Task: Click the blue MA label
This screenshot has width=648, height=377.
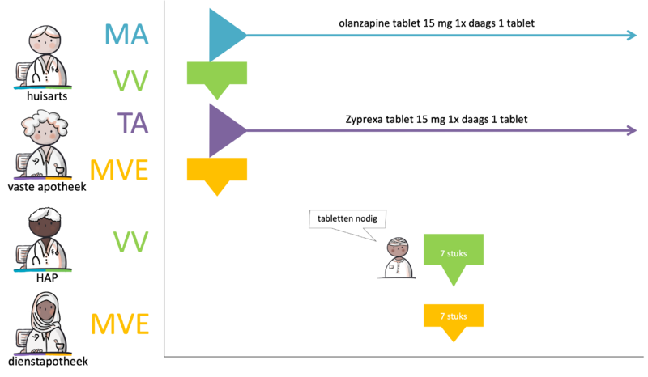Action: click(127, 36)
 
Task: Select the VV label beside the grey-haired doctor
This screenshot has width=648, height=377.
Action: click(130, 79)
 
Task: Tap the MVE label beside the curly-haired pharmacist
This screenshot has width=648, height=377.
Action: click(120, 171)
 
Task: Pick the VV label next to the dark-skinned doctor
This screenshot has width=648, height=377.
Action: click(130, 239)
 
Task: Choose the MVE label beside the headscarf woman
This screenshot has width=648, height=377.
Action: click(120, 324)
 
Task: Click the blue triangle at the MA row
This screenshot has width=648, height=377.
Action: click(224, 35)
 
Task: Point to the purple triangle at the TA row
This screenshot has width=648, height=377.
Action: click(224, 129)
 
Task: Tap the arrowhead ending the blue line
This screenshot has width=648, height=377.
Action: click(633, 36)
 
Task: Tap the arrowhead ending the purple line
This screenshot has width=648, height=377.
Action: click(633, 130)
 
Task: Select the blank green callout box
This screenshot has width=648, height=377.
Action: click(216, 74)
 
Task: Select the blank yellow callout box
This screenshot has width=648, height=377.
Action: click(216, 170)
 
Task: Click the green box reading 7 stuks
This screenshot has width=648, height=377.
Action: click(453, 253)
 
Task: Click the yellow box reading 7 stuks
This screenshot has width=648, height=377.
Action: click(453, 316)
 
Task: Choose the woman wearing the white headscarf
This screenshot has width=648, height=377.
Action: click(45, 324)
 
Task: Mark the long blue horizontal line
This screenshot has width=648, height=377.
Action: click(437, 36)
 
